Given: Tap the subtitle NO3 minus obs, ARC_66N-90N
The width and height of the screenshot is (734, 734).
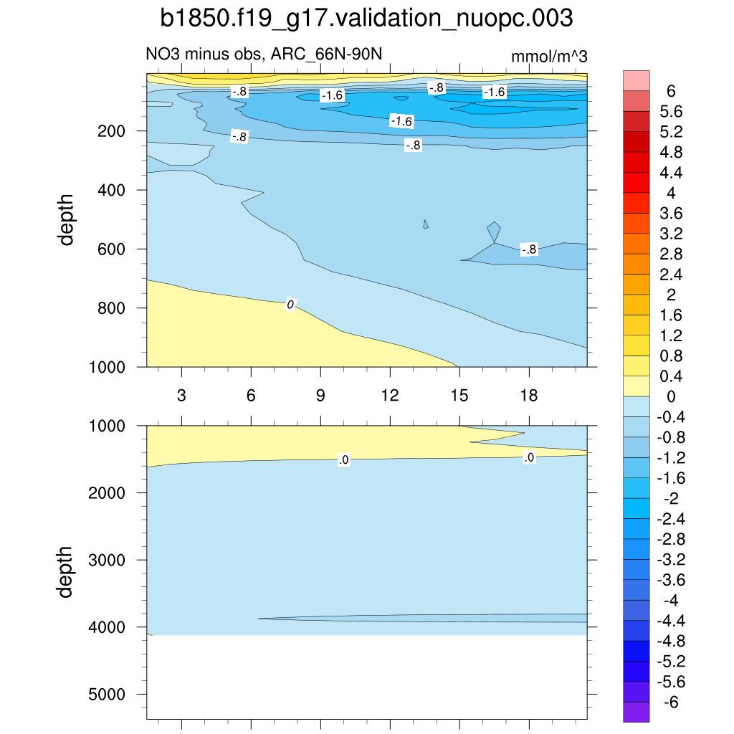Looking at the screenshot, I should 269,54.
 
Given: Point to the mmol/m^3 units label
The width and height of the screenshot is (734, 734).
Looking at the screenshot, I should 549,56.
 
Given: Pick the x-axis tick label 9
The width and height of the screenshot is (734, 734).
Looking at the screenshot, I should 320,396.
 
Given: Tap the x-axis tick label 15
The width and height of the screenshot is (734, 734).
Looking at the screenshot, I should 459,396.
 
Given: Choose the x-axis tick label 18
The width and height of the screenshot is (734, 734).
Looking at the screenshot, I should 528,396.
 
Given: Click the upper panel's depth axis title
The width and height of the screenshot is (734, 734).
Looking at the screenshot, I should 67,219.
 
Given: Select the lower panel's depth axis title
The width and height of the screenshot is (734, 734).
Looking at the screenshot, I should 67,572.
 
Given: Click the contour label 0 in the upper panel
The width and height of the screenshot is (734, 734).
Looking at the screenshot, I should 290,305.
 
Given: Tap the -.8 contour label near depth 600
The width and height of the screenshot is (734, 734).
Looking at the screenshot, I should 528,249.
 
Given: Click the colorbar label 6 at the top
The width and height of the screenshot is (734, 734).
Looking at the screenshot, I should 671,91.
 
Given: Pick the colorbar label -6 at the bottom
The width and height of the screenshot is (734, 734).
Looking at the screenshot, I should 671,702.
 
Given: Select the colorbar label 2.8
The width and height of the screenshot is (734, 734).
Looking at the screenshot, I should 672,254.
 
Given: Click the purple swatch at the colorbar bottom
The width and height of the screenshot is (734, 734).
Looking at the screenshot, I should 637,712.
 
